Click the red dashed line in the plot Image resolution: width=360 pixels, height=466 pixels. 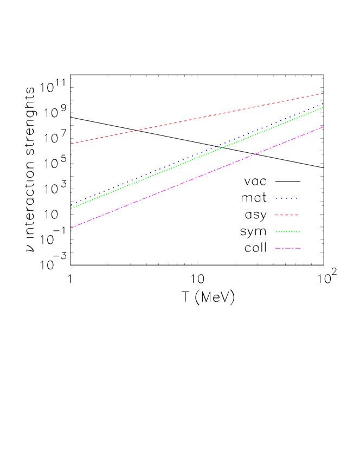[163, 125]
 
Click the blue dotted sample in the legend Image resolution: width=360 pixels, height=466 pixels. [287, 198]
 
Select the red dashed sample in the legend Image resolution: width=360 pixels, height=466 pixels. [287, 215]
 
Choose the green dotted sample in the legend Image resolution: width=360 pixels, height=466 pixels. [287, 232]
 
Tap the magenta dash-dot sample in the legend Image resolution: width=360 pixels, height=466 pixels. [287, 248]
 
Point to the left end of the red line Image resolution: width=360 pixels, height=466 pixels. [71, 144]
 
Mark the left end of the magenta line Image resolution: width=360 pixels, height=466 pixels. [71, 228]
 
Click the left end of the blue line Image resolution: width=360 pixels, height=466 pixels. [71, 205]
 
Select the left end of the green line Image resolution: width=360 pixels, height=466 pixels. [71, 208]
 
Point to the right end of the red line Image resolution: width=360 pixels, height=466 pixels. [324, 93]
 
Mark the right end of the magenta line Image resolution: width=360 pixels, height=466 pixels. [324, 127]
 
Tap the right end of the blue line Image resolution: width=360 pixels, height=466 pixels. [324, 103]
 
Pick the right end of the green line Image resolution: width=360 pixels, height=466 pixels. [324, 107]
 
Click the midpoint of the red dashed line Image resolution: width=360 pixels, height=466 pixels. [197, 118]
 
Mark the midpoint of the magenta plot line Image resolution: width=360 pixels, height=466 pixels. [197, 177]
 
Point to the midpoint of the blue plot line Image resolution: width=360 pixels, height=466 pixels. [197, 154]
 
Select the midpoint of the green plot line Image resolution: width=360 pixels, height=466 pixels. [197, 158]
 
